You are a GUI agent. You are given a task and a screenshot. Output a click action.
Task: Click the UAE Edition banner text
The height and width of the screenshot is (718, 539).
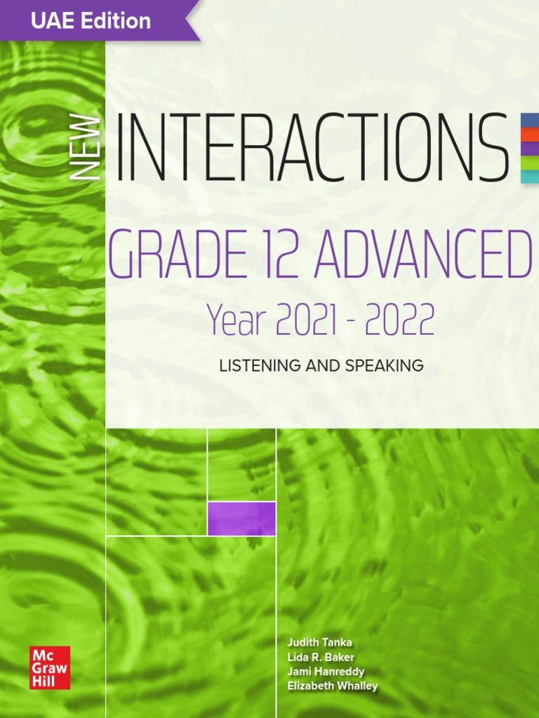click(x=91, y=21)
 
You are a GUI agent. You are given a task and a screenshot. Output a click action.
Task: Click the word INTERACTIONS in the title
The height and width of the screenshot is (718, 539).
click(x=312, y=147)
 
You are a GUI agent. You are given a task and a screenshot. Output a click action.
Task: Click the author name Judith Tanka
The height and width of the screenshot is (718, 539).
click(x=319, y=642)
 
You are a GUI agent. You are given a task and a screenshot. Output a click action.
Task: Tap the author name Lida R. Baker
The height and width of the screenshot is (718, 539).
click(x=321, y=657)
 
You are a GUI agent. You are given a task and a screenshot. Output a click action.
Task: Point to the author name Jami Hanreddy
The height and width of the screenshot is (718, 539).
click(x=326, y=672)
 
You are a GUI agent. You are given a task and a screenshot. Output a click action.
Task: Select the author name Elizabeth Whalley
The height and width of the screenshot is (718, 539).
click(x=332, y=686)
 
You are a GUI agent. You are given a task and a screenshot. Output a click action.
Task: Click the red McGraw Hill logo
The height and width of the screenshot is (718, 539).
click(x=50, y=667)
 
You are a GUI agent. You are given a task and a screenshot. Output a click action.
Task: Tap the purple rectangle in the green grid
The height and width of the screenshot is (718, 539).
click(x=241, y=518)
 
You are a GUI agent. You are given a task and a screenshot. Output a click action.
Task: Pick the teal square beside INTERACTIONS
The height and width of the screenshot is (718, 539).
click(x=529, y=175)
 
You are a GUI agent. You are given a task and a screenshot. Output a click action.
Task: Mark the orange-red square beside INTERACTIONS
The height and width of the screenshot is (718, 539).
click(x=529, y=133)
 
